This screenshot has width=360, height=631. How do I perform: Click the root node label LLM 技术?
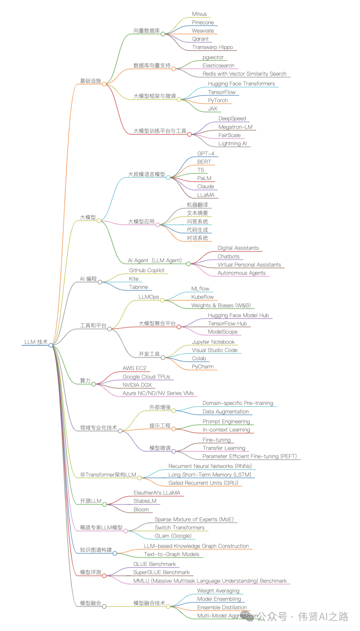pyautogui.click(x=36, y=342)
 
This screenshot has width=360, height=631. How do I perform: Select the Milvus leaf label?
pyautogui.click(x=199, y=14)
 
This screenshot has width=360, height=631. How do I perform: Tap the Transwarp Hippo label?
pyautogui.click(x=212, y=47)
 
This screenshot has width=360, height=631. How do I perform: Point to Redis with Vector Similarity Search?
pyautogui.click(x=244, y=74)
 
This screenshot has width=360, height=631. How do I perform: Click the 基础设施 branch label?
pyautogui.click(x=90, y=81)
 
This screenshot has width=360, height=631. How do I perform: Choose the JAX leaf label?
pyautogui.click(x=212, y=108)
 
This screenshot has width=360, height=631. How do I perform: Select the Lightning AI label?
pyautogui.click(x=233, y=143)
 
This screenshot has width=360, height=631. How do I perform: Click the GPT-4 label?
pyautogui.click(x=206, y=153)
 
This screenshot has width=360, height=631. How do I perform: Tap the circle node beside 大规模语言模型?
pyautogui.click(x=168, y=177)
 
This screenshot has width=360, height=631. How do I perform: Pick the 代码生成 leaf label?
pyautogui.click(x=197, y=230)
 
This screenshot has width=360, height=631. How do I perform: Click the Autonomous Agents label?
pyautogui.click(x=241, y=273)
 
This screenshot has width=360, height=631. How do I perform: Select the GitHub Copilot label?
pyautogui.click(x=147, y=270)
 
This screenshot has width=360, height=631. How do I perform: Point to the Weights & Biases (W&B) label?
pyautogui.click(x=221, y=305)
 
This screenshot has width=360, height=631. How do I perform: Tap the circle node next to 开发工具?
pyautogui.click(x=163, y=358)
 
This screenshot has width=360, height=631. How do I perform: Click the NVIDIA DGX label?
pyautogui.click(x=137, y=385)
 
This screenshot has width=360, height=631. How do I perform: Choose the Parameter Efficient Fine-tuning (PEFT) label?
pyautogui.click(x=249, y=456)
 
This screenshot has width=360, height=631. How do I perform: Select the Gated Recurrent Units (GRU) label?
pyautogui.click(x=203, y=483)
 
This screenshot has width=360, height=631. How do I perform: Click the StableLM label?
pyautogui.click(x=145, y=501)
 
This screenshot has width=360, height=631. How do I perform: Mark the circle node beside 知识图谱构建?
pyautogui.click(x=115, y=553)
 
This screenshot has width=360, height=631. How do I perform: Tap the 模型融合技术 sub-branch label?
pyautogui.click(x=149, y=603)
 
